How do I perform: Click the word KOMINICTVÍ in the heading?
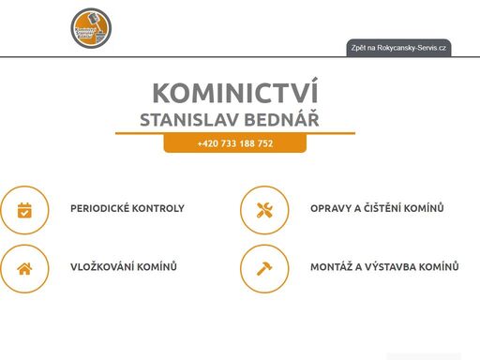click(234, 94)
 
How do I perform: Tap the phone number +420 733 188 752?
click(235, 143)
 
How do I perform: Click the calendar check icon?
click(25, 209)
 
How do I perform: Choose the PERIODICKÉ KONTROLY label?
click(127, 208)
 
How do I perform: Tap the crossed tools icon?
click(264, 209)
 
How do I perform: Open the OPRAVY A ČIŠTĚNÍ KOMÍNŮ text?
click(377, 208)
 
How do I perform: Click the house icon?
click(25, 268)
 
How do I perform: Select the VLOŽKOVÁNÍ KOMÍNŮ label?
click(124, 267)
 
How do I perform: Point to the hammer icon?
click(264, 268)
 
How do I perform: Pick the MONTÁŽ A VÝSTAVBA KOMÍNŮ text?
click(384, 267)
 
